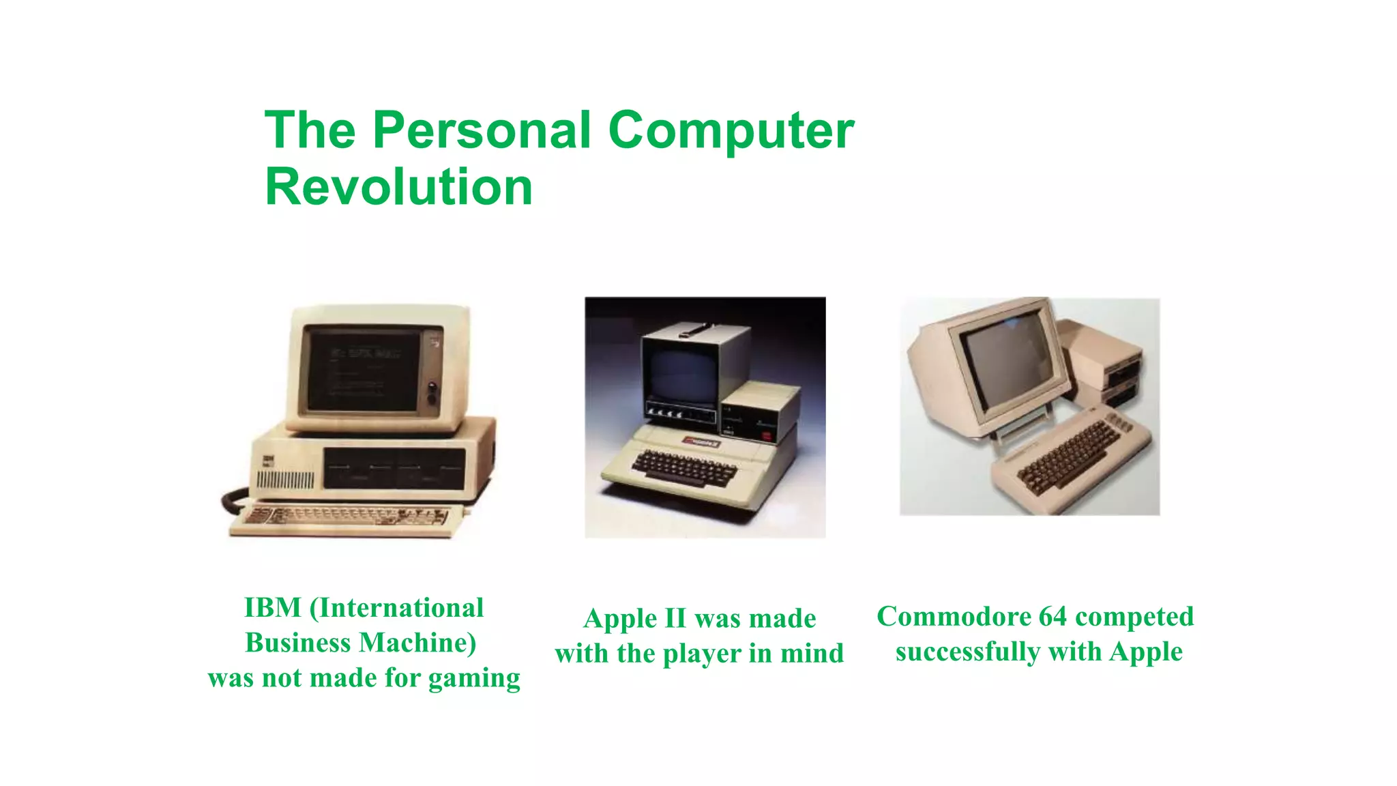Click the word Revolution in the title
398,187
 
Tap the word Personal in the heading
482,130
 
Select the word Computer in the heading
731,130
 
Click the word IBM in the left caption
272,607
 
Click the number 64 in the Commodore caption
1053,616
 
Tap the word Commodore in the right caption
953,616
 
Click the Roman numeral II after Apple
675,618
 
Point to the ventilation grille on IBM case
285,481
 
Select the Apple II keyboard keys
683,467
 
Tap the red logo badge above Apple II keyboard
702,442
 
